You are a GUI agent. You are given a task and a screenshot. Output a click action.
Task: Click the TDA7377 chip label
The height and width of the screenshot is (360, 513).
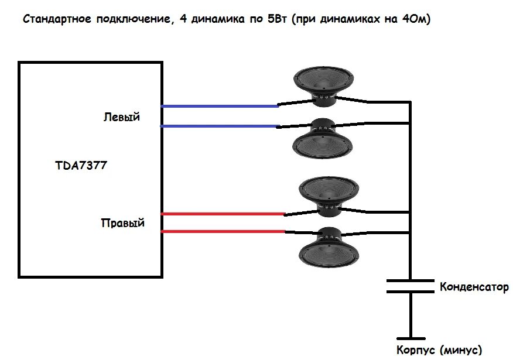(81, 166)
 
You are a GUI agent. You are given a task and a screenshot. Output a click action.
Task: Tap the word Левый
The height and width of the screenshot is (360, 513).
(122, 117)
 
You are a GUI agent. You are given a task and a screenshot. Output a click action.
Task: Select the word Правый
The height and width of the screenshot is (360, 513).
(122, 223)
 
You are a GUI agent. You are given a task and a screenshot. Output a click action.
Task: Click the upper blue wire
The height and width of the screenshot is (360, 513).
(220, 107)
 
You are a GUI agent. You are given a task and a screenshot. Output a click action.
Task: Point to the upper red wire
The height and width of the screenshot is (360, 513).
(223, 214)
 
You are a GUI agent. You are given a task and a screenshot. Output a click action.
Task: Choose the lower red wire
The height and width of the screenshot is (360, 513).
(223, 232)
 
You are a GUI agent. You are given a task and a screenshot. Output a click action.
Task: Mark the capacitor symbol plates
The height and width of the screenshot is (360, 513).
(410, 286)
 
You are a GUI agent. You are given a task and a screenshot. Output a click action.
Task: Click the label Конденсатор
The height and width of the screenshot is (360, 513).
(474, 287)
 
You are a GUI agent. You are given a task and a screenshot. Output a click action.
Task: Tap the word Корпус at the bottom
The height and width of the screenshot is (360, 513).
(416, 350)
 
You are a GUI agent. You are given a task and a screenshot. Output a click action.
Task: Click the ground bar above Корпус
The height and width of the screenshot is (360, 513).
(411, 338)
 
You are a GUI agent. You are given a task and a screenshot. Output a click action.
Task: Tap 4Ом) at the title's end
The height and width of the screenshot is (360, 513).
(416, 19)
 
